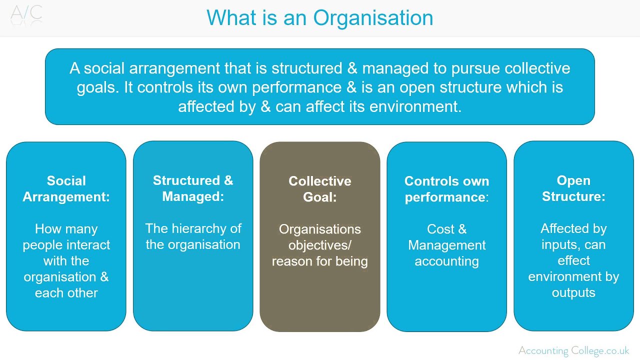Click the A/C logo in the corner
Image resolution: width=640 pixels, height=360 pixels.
[26, 15]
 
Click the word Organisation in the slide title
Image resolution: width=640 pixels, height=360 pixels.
[373, 18]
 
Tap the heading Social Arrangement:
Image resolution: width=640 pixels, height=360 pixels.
[66, 188]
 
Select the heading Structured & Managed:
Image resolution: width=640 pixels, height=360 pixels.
[193, 188]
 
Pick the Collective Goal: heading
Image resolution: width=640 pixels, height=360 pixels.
[320, 189]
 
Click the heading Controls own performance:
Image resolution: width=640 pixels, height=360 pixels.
[446, 189]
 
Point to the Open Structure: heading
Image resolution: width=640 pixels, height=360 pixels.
[573, 188]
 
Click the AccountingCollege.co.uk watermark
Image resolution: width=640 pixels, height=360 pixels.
[573, 350]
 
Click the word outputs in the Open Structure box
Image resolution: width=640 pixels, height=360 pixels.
[573, 292]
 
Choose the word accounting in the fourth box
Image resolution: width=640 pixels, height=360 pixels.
[446, 261]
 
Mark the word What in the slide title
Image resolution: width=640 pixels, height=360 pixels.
[227, 18]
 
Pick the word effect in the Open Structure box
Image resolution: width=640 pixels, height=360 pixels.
[573, 260]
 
